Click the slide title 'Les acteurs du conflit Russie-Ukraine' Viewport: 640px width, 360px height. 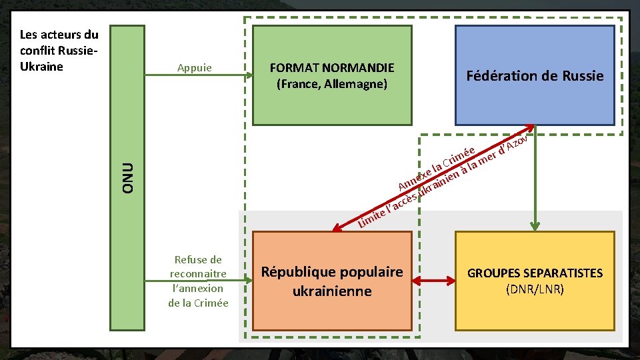pos(59,50)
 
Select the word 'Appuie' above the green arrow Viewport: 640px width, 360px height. pos(195,67)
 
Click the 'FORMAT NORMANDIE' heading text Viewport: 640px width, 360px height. pos(331,68)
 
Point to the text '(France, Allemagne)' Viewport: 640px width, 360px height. pos(331,85)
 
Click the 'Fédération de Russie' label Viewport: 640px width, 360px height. pos(535,76)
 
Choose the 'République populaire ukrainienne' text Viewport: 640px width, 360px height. pos(332,281)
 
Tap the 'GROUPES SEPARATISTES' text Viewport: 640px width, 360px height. pos(535,273)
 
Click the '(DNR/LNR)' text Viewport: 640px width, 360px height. pos(535,289)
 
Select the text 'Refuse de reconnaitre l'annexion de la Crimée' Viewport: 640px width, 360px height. pos(198,281)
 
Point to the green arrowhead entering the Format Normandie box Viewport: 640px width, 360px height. pos(247,75)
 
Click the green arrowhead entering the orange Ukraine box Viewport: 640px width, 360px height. pos(247,281)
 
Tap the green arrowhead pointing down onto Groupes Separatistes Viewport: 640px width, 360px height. pos(534,225)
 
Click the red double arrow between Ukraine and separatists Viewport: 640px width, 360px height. pos(433,281)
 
